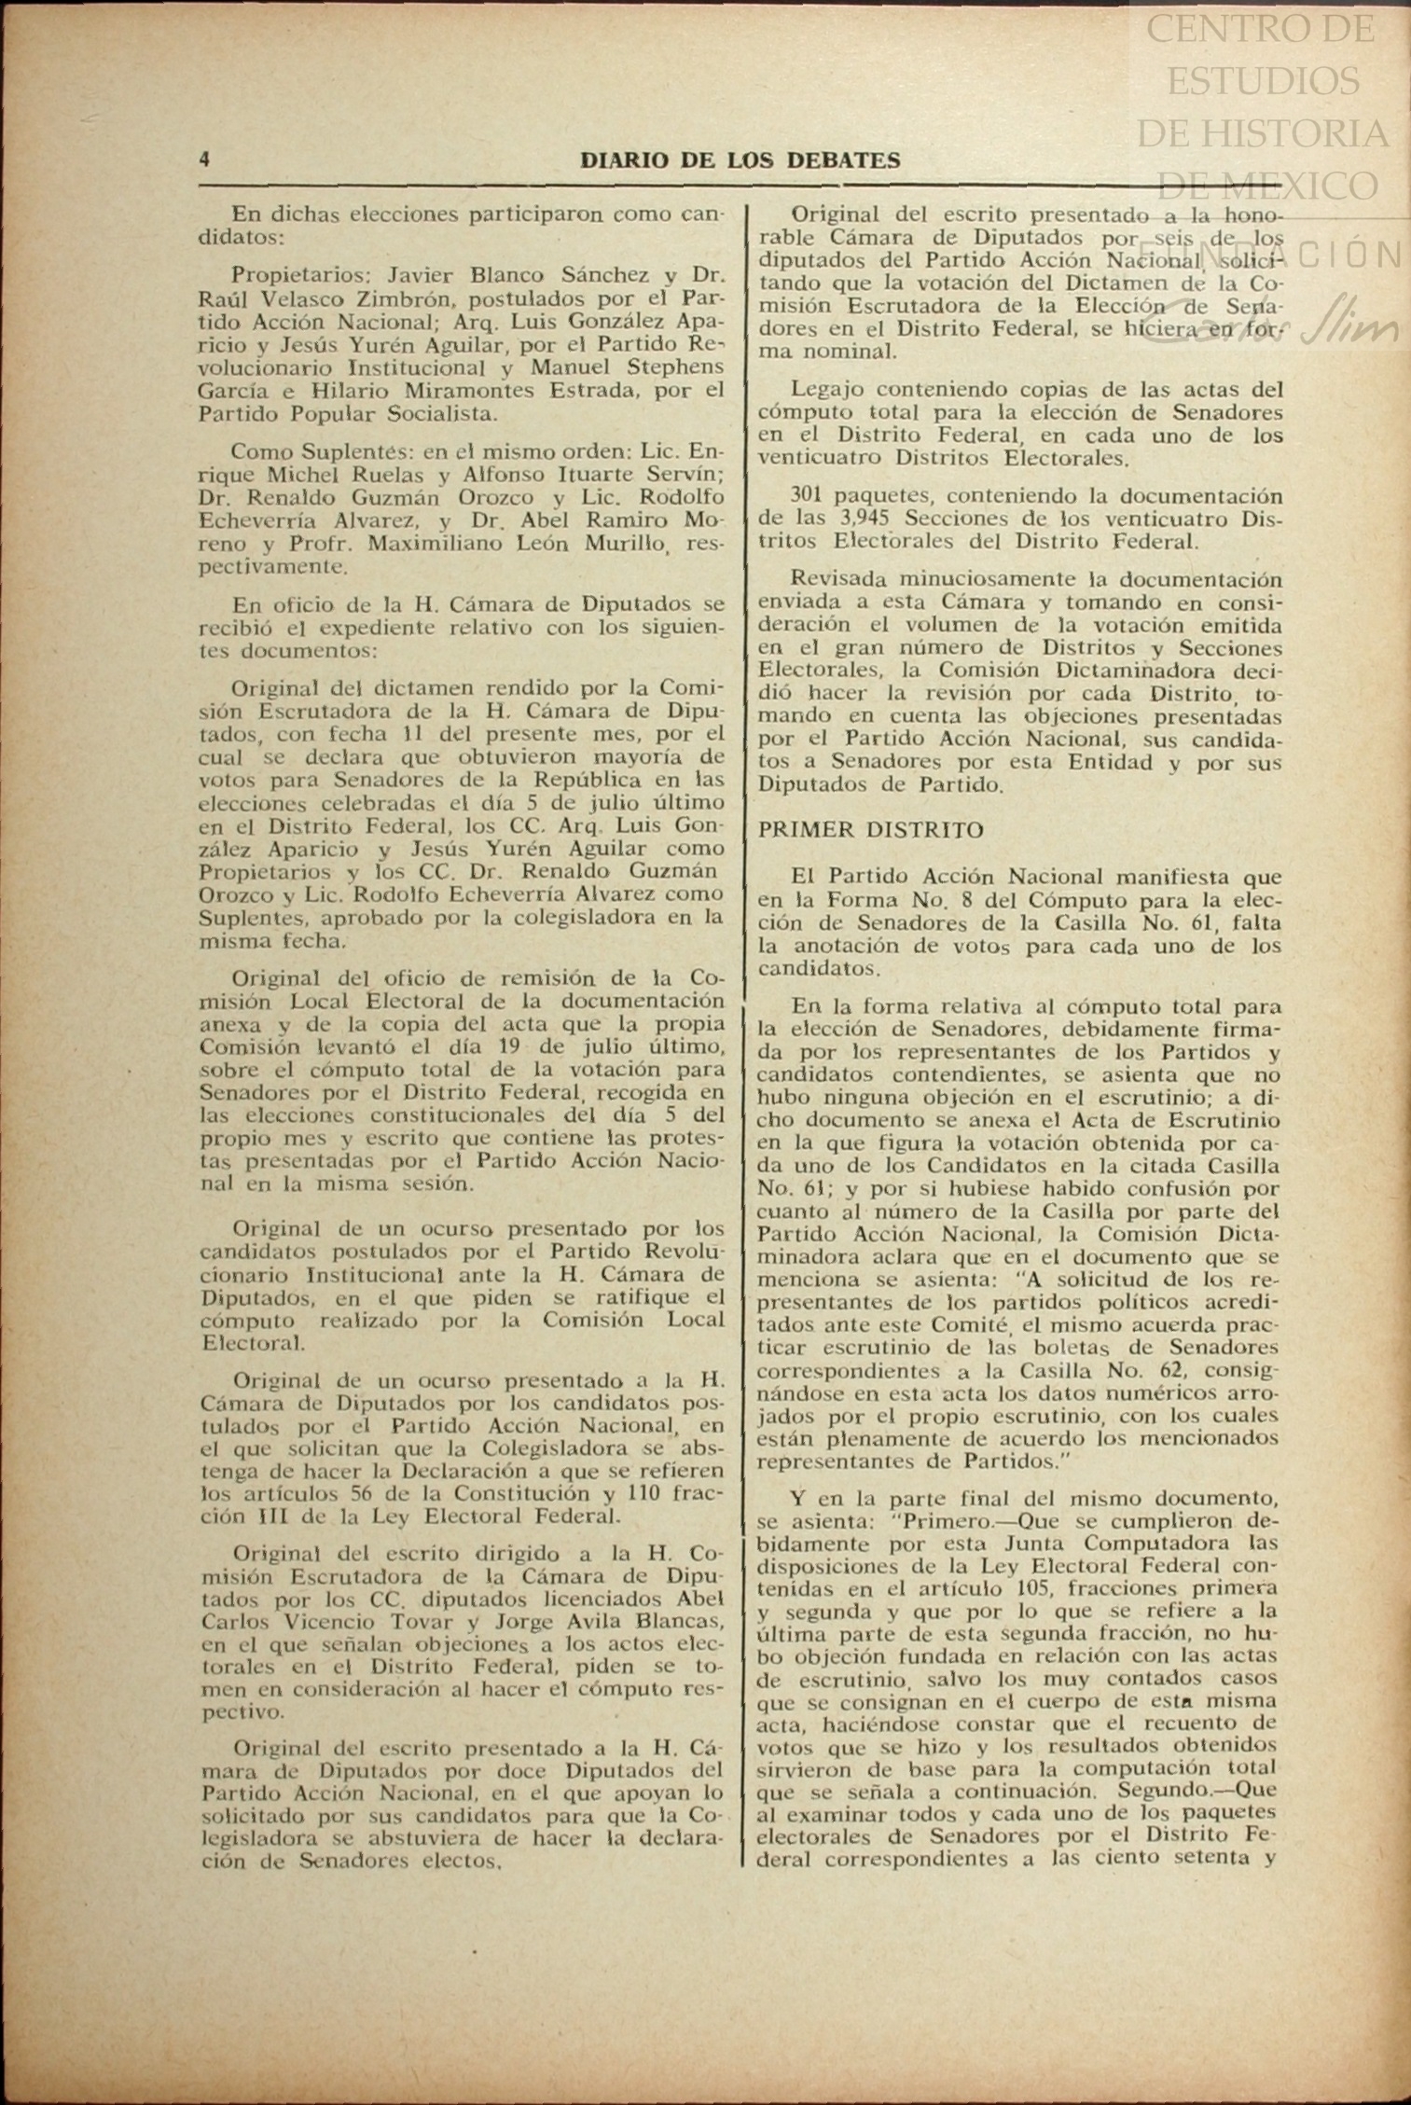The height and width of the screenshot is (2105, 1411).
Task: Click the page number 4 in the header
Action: coord(204,159)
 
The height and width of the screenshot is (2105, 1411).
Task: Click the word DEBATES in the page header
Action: coord(844,160)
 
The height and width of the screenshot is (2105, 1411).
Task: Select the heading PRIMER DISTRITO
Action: coord(870,829)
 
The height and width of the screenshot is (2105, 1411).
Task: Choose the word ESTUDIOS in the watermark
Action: coord(1263,81)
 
